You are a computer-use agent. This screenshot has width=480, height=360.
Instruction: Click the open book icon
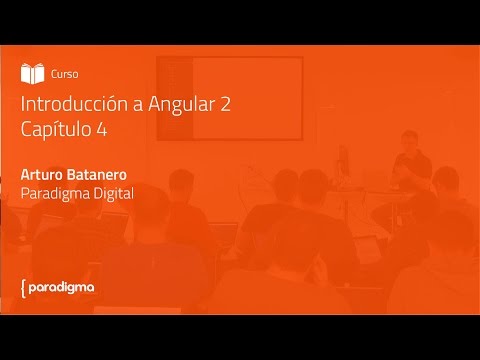pyautogui.click(x=33, y=73)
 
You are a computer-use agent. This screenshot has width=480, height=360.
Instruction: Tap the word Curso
pyautogui.click(x=64, y=73)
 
